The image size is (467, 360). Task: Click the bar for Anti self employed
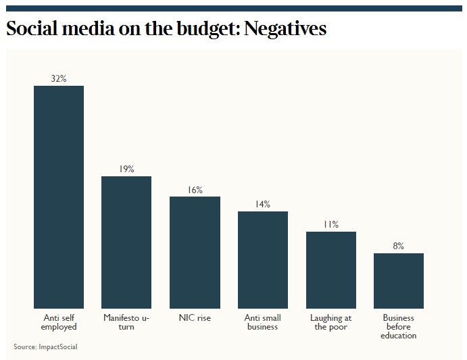click(59, 197)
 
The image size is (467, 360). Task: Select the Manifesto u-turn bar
click(126, 242)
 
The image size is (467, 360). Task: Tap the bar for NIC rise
click(195, 252)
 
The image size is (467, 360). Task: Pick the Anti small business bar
click(263, 259)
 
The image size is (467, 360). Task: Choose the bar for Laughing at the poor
click(331, 269)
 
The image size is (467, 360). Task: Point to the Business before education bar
click(399, 280)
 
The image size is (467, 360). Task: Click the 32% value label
click(59, 78)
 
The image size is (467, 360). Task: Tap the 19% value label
click(126, 169)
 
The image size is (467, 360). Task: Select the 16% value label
click(195, 190)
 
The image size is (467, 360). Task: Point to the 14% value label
click(263, 204)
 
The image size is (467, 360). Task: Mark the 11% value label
click(331, 224)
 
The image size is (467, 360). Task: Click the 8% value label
click(399, 246)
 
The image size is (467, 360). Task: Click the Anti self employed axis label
click(59, 322)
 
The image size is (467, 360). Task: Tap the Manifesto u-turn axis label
click(126, 322)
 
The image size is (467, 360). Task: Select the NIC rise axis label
click(195, 318)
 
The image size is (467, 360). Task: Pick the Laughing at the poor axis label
click(331, 322)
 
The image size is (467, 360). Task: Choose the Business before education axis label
click(399, 326)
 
